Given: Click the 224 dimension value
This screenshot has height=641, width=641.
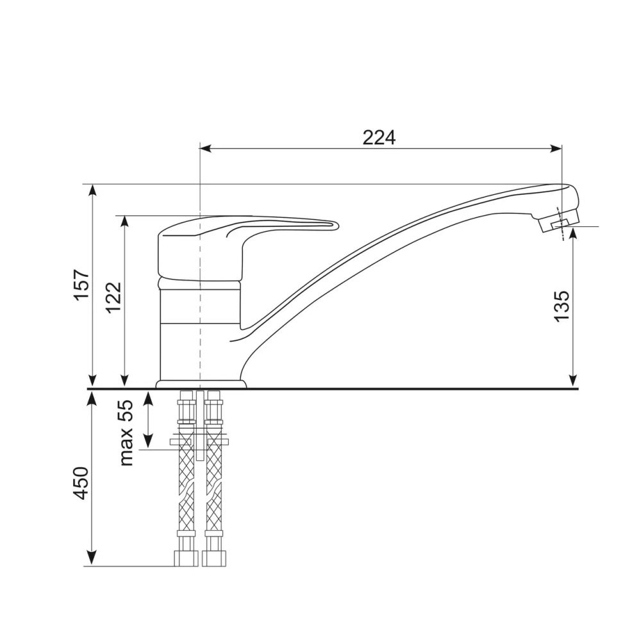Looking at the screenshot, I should pyautogui.click(x=379, y=138).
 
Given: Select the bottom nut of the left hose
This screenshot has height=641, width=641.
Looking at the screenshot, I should pyautogui.click(x=186, y=558).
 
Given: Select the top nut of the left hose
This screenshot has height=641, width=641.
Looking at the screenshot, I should pyautogui.click(x=187, y=408).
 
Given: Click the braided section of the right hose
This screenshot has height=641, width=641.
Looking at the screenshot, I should pyautogui.click(x=213, y=487).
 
